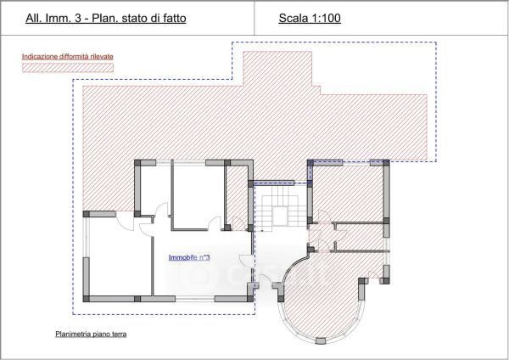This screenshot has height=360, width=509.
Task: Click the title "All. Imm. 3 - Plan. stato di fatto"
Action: pos(106,18)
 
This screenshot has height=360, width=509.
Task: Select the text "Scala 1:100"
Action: pos(310,18)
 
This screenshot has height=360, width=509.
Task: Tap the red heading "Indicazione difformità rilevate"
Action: pos(68,57)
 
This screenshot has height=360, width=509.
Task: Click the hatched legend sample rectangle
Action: pos(68,68)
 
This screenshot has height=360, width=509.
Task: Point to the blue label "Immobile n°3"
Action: pos(189,257)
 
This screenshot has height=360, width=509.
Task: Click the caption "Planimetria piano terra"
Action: pos(91,334)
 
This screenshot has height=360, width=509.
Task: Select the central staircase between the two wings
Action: pos(281,206)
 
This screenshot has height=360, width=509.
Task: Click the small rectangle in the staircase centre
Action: pos(280,216)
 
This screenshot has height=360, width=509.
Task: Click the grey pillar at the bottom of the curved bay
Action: pos(321,340)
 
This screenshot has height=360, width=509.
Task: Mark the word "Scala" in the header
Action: pos(294,18)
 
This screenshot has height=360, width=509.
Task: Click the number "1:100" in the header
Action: pos(326,18)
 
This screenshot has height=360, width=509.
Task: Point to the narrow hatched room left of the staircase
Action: pos(238,197)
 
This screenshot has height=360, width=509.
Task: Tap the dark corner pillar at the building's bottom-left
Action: pos(86,299)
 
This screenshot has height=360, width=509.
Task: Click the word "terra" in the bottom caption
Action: pos(119,334)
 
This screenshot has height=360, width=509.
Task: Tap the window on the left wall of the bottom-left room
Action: pos(86,237)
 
